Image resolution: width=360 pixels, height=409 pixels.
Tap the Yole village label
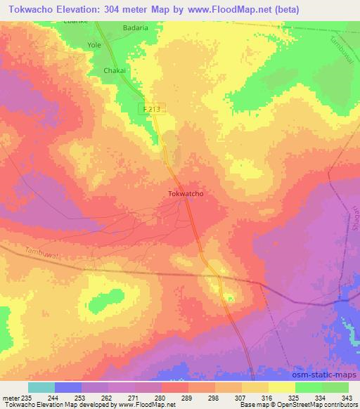coord(94,44)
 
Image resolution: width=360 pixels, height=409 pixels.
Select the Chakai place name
coord(115,71)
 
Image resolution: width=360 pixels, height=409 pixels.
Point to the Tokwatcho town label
coord(186,193)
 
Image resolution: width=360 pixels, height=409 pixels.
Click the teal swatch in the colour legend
coord(41,387)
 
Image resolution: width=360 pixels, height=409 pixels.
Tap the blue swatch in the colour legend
coord(68,387)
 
